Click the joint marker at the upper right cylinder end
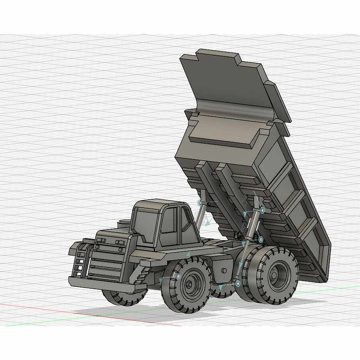pos(262,210)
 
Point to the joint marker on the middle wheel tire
pos(178,277)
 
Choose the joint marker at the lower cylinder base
pos(238,284)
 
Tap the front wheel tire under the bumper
pos(125,298)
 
